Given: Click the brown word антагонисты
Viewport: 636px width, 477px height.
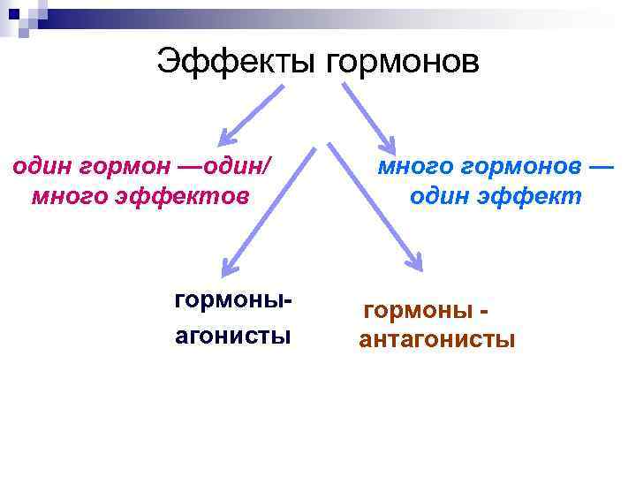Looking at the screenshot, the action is [x=436, y=340].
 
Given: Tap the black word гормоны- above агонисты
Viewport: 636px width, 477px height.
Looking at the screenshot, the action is [x=231, y=301].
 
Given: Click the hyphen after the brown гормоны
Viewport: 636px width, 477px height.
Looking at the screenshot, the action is [x=484, y=311].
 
